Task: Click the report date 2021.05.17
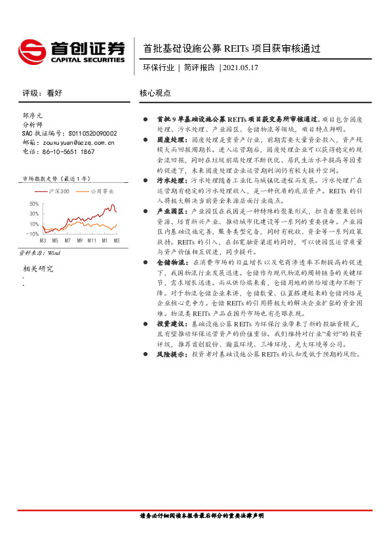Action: [x=241, y=67]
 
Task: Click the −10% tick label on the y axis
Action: [x=32, y=233]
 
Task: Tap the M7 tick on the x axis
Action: [x=67, y=241]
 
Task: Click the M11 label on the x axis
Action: [x=92, y=241]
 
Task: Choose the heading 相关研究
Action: [x=39, y=268]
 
